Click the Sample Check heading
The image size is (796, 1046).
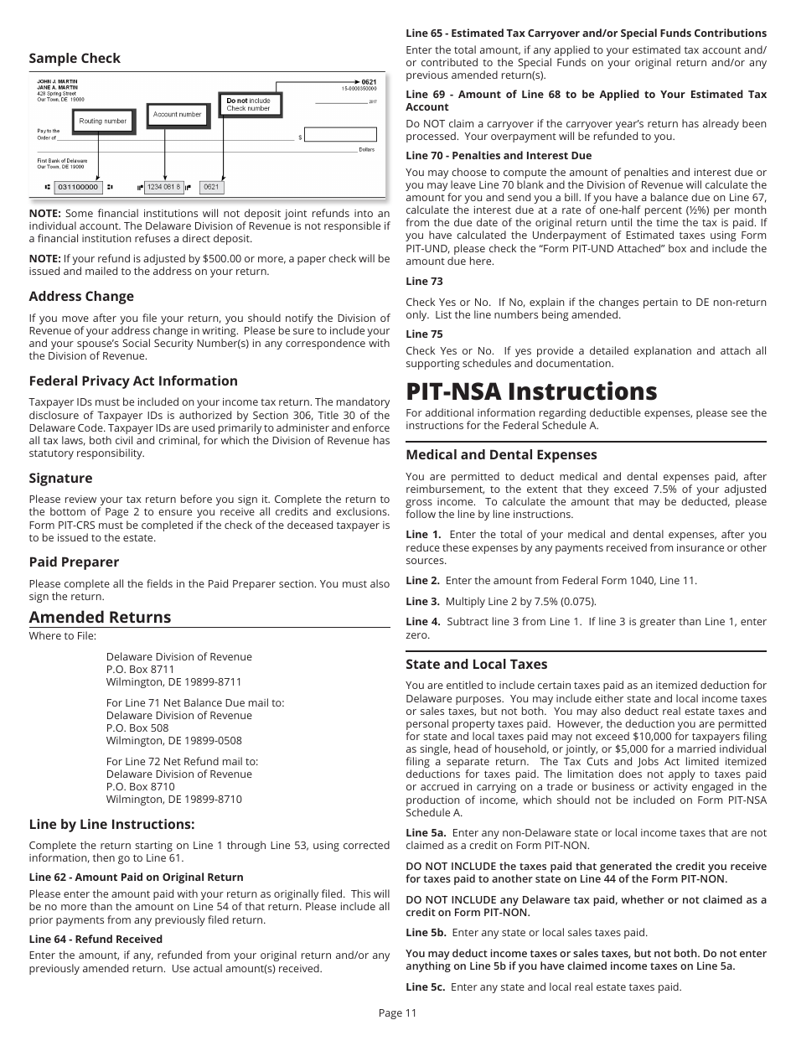pyautogui.click(x=75, y=59)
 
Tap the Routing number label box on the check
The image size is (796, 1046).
pyautogui.click(x=102, y=122)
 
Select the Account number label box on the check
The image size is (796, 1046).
pyautogui.click(x=177, y=114)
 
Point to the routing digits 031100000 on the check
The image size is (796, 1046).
pyautogui.click(x=78, y=187)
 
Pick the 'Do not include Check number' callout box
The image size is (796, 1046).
pyautogui.click(x=249, y=105)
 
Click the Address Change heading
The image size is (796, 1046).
pyautogui.click(x=81, y=297)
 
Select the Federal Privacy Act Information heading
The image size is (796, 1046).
pyautogui.click(x=133, y=381)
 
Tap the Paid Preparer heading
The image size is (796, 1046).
pyautogui.click(x=74, y=562)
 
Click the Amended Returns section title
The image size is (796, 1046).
pyautogui.click(x=100, y=618)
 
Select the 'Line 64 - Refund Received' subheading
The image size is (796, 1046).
pyautogui.click(x=96, y=940)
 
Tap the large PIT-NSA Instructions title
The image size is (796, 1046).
pyautogui.click(x=531, y=392)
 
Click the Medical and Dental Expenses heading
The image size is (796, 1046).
pyautogui.click(x=501, y=455)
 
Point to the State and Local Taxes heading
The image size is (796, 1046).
pyautogui.click(x=476, y=665)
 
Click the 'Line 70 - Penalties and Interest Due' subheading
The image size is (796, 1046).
pyautogui.click(x=499, y=156)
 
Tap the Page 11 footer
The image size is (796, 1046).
pyautogui.click(x=397, y=1012)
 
